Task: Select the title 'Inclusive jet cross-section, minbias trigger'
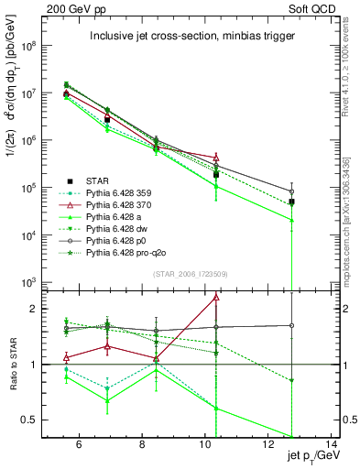click(x=191, y=37)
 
